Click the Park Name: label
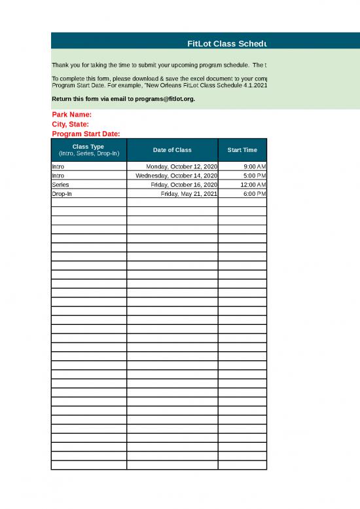[71, 115]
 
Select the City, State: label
[70, 124]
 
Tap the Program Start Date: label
[85, 134]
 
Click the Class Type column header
[88, 150]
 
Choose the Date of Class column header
[172, 150]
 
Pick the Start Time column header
[242, 150]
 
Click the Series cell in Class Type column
[60, 185]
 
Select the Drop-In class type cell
[62, 194]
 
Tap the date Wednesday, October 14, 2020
[176, 176]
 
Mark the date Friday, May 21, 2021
[189, 194]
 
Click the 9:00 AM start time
[254, 167]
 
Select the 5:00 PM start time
[254, 176]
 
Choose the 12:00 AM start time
[253, 185]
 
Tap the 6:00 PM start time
[254, 194]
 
